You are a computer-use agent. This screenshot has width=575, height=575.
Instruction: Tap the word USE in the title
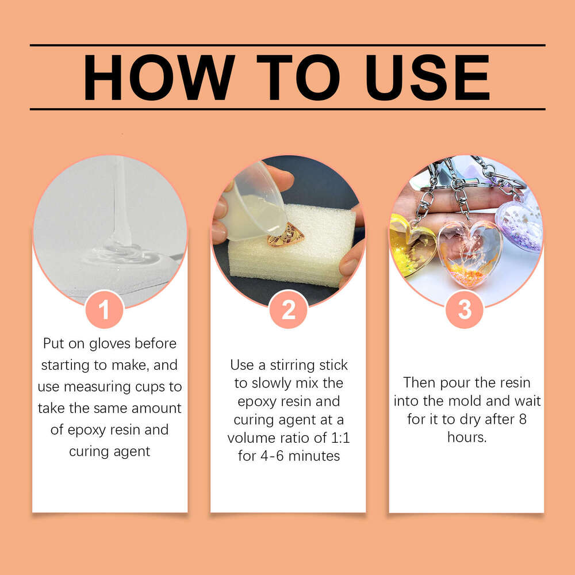428,78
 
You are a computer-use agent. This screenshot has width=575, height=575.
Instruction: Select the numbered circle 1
104,309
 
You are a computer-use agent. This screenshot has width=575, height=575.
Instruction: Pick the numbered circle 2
288,309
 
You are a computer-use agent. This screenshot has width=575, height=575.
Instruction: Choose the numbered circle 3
465,309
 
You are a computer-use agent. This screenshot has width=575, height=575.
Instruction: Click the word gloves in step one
110,344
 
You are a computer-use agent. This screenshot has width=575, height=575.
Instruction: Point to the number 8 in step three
523,419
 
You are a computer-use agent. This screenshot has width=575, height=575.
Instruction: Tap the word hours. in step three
467,437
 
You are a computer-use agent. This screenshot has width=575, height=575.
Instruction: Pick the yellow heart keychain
412,244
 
